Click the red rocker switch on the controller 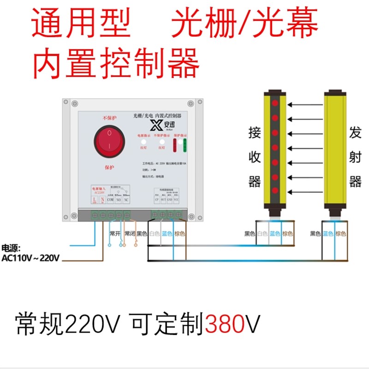tap(109, 141)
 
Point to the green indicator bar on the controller tap(184, 145)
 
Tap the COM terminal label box tap(110, 200)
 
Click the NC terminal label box tap(126, 200)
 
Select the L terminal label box tap(94, 200)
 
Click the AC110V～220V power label tap(30, 258)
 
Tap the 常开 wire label tap(114, 234)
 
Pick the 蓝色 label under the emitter tap(328, 234)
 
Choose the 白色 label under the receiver tap(262, 234)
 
